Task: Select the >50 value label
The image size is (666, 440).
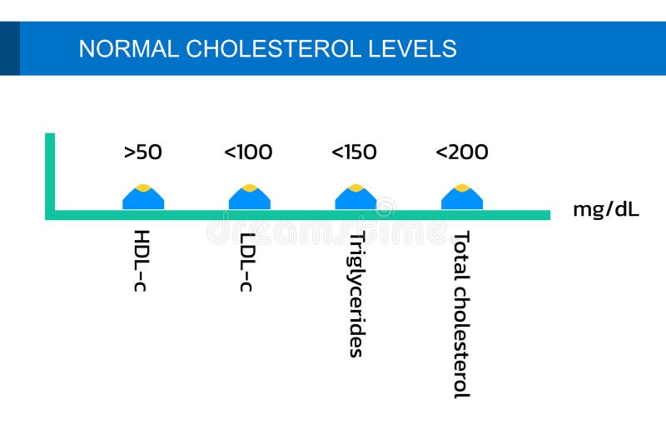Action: (142, 152)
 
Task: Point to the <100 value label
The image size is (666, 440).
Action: (248, 152)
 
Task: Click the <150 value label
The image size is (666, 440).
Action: (354, 152)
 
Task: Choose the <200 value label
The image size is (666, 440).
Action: (461, 152)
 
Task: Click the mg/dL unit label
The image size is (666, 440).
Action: (605, 209)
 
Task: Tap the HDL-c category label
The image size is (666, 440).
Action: (142, 261)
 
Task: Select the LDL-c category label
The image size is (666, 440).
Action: (247, 261)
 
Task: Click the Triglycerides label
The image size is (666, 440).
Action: (355, 293)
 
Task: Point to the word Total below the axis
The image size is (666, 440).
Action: (461, 253)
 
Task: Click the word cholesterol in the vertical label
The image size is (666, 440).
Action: (461, 341)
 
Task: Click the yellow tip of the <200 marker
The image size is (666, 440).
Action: (462, 187)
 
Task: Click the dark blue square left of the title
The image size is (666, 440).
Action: (9, 48)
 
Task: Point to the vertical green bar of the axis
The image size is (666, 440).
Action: (50, 171)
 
